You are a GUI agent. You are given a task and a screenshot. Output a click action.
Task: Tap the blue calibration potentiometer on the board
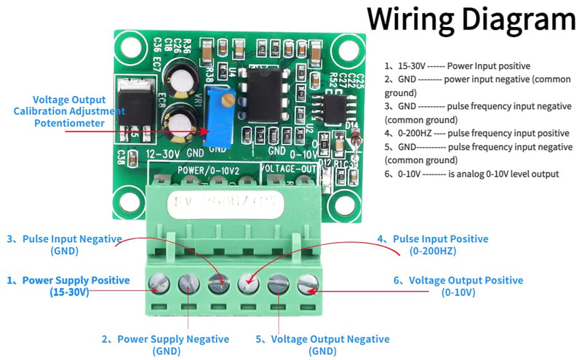[216, 116]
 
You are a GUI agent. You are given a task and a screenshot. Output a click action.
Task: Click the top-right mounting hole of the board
[340, 52]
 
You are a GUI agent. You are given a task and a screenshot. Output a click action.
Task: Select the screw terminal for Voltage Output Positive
[307, 282]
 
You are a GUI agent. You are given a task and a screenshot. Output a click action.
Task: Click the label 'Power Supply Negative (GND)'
[165, 345]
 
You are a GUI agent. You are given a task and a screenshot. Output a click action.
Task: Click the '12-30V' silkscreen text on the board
[162, 153]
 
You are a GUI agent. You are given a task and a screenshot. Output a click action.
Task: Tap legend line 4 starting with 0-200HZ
[477, 133]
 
